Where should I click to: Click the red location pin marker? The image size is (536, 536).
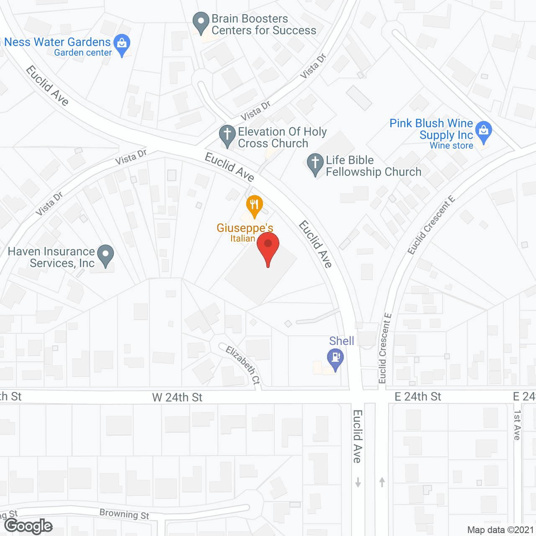pos(268,247)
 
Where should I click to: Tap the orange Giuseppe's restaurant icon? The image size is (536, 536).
pos(254,205)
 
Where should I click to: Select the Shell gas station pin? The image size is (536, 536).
pos(335,359)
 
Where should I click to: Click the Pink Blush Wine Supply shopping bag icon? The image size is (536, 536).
pos(484,131)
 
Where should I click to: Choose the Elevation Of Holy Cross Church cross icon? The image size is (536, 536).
pos(227,135)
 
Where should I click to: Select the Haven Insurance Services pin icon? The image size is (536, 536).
pos(106,255)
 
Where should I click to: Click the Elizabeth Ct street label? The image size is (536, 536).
pos(243,365)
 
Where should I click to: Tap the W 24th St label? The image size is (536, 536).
pos(177,397)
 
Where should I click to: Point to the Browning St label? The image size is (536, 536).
pos(124,514)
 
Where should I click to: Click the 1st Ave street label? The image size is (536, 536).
pos(517,425)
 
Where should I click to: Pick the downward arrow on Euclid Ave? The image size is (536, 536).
pos(358,482)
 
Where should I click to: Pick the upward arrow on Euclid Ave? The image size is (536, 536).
pos(382,482)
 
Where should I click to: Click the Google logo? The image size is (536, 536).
pos(28,526)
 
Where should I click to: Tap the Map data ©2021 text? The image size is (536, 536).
pos(500,530)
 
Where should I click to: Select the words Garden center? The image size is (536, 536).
pos(83,53)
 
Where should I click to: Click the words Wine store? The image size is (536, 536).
pos(451,146)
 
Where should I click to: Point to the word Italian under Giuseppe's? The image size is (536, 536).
pos(243,238)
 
